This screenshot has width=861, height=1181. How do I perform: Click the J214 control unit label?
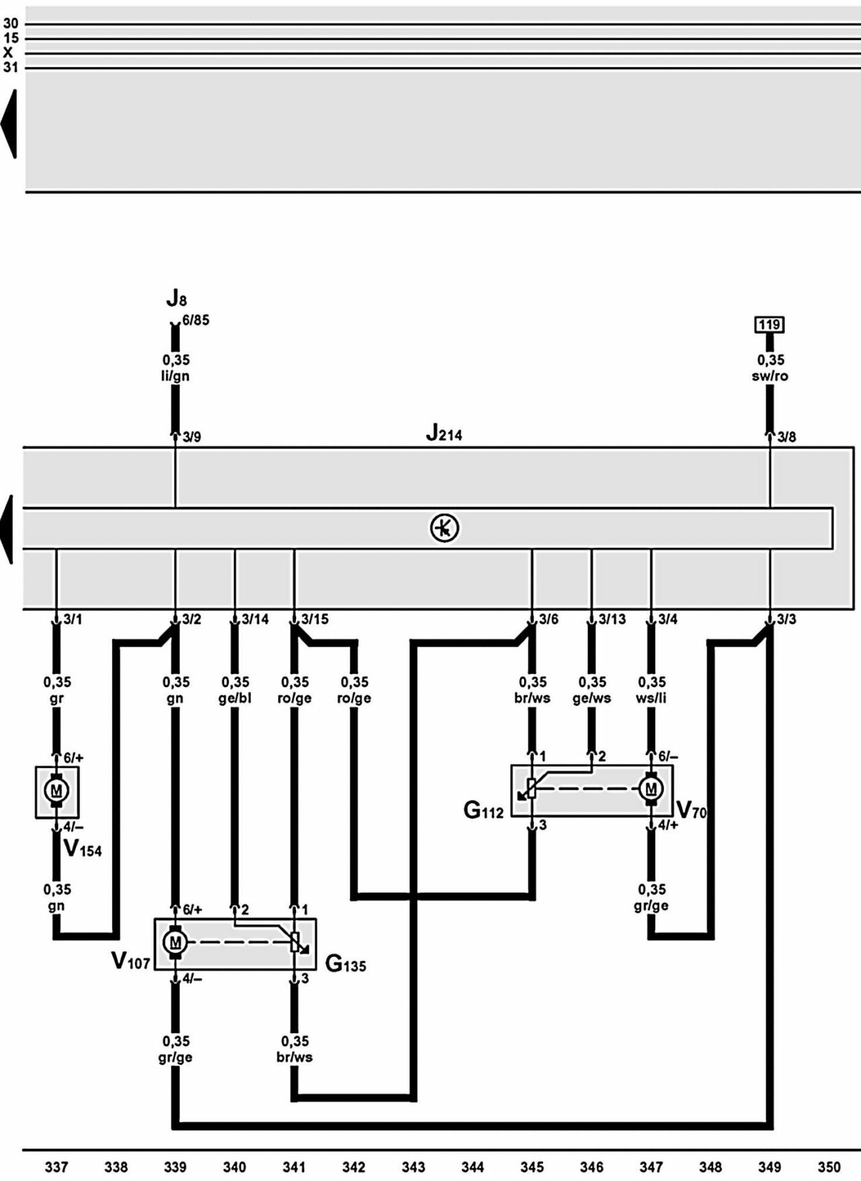(444, 434)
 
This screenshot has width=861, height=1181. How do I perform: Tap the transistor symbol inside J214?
(445, 528)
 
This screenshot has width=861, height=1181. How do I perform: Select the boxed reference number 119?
(770, 325)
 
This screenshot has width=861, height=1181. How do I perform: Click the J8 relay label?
(176, 298)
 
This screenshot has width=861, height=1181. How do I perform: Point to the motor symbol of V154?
(57, 791)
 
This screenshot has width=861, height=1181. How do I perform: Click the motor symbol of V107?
(176, 942)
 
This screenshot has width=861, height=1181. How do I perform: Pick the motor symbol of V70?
(650, 788)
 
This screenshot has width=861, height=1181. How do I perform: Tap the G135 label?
(345, 965)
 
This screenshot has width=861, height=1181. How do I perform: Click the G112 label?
(483, 811)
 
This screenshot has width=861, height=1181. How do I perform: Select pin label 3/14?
(255, 619)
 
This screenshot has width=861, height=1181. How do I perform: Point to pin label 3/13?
(612, 619)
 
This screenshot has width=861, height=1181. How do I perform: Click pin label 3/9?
(192, 438)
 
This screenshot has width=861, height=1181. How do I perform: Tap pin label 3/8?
(786, 438)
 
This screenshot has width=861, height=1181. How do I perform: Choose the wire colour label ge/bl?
(235, 698)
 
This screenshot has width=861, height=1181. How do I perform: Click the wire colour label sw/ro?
(770, 376)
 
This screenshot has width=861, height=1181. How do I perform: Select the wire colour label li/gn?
(176, 376)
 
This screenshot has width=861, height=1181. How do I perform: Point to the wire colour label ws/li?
(650, 698)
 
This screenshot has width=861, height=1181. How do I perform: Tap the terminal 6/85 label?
(196, 320)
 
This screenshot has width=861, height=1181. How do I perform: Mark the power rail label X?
(8, 52)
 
